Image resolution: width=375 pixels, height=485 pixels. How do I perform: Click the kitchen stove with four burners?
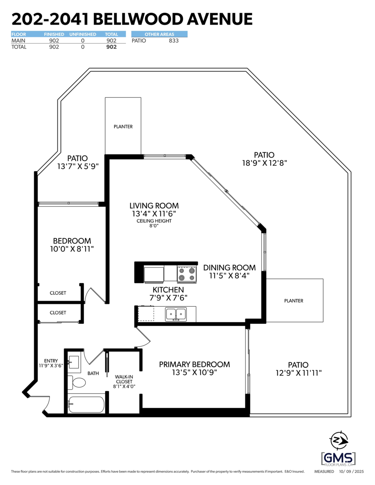coord(187,274)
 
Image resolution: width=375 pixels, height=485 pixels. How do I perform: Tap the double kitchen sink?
coord(176,314)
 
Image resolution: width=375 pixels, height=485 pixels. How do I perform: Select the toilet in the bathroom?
coord(76,382)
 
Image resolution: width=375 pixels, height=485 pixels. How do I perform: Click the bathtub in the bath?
coord(86,404)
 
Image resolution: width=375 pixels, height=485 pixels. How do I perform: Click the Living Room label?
coord(154,206)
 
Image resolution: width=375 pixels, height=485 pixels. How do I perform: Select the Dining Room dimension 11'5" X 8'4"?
coord(229,276)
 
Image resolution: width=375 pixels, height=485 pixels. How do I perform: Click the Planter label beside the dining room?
coord(294,301)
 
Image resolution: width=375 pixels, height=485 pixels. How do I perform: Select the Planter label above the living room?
coord(123,127)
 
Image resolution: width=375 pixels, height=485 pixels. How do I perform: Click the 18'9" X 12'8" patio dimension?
coord(265,163)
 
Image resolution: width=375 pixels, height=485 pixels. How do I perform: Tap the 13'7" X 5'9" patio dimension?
coord(78,166)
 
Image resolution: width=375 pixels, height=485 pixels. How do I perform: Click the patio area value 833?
coord(174,41)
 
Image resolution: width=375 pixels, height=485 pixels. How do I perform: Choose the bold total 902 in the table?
coord(112,47)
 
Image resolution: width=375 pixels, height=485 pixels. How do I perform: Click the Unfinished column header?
coord(83,34)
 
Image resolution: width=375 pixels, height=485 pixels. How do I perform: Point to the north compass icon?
coord(339,441)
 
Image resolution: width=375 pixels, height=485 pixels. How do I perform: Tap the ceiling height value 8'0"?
coord(154,226)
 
